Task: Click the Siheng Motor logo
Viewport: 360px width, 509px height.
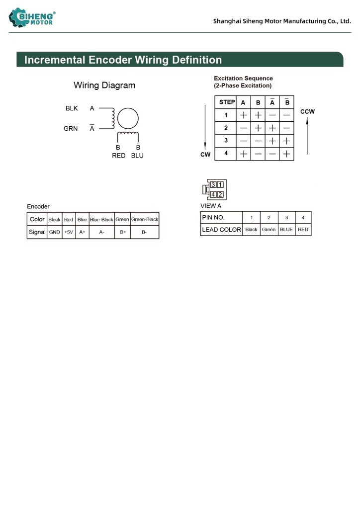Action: click(32, 18)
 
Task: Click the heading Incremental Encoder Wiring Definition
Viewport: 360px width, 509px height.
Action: click(123, 60)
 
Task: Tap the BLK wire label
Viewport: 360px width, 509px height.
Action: click(72, 108)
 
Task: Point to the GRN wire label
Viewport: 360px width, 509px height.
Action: click(71, 129)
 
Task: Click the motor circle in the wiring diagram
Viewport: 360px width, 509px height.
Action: click(128, 119)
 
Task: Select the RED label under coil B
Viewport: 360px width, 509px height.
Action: click(118, 156)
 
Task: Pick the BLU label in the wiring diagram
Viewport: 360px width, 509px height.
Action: click(137, 156)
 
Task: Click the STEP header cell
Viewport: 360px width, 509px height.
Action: click(227, 102)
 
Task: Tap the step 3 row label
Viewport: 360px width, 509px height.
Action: click(226, 141)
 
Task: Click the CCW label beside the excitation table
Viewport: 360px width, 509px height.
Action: click(307, 112)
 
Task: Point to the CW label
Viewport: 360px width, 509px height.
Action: click(205, 155)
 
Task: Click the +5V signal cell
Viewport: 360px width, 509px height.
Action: click(69, 232)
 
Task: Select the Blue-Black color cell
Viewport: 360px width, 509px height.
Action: click(101, 220)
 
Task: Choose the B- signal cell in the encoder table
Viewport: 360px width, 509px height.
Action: click(144, 232)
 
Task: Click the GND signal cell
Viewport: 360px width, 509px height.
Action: click(54, 232)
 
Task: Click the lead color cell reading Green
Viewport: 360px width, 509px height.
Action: click(269, 230)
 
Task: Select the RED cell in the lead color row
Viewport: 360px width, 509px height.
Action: click(303, 230)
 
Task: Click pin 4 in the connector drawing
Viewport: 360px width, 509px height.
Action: click(213, 194)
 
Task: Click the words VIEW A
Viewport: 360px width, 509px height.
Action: click(211, 206)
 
